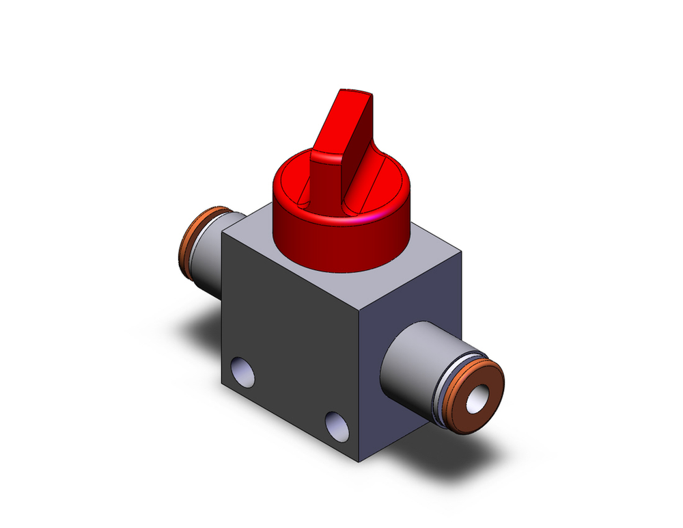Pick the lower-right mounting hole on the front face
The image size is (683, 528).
pyautogui.click(x=335, y=425)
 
